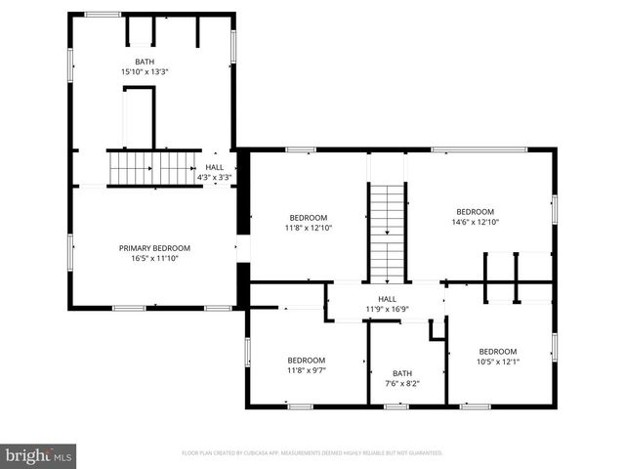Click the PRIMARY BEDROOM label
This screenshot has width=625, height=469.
(154, 248)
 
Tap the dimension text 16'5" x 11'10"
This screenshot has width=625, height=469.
(154, 259)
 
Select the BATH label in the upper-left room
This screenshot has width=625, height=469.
(144, 62)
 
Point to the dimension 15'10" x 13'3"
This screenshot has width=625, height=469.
(144, 72)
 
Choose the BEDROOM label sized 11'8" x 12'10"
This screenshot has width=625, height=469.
(308, 217)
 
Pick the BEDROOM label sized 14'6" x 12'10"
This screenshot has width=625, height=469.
(476, 211)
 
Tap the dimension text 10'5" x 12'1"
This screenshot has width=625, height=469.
(497, 362)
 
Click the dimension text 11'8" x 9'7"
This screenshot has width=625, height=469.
(307, 370)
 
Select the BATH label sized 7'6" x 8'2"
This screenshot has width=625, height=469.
(402, 373)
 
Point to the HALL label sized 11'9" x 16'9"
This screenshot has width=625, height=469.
(387, 299)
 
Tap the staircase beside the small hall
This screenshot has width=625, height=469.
(152, 167)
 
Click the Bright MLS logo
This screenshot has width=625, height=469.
(38, 455)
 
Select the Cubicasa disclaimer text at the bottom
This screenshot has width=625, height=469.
(312, 453)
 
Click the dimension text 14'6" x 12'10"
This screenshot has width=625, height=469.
(476, 222)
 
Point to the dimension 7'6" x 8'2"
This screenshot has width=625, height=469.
(402, 384)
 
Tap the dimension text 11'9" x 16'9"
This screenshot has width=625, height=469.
(387, 310)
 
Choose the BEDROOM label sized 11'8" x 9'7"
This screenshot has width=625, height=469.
(307, 360)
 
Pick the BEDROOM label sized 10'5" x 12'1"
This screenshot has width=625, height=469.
(497, 351)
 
